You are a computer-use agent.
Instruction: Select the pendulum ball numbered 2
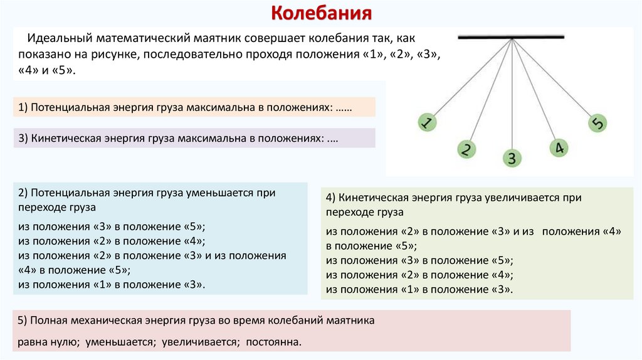pyautogui.click(x=466, y=149)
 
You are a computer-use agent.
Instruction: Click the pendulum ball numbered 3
pyautogui.click(x=512, y=158)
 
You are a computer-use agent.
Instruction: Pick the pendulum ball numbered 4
pyautogui.click(x=559, y=148)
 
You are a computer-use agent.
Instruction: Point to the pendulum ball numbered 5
pyautogui.click(x=597, y=123)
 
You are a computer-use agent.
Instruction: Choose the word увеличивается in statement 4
pyautogui.click(x=520, y=198)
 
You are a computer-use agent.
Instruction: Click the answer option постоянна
pyautogui.click(x=275, y=342)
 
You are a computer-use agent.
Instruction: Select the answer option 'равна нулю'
pyautogui.click(x=43, y=342)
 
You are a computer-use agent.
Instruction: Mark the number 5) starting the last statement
pyautogui.click(x=23, y=320)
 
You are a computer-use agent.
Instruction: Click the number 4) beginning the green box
pyautogui.click(x=331, y=198)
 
